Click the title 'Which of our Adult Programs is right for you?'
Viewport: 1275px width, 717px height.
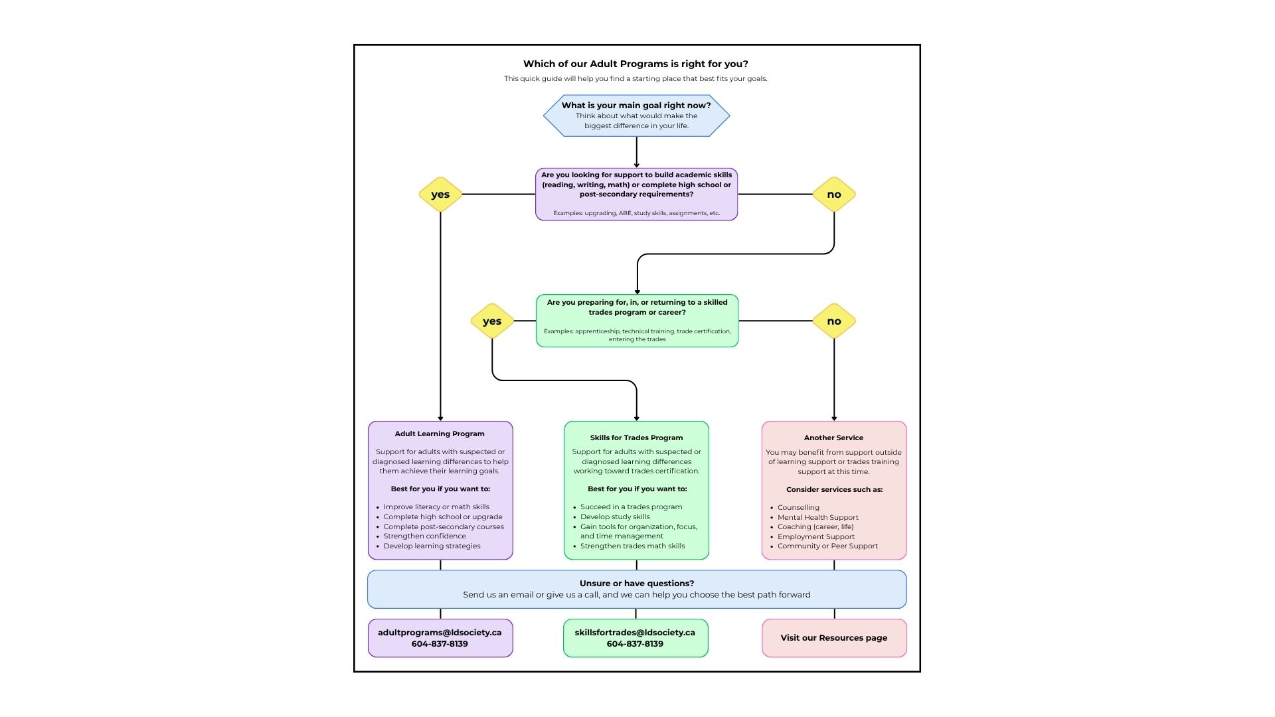point(636,64)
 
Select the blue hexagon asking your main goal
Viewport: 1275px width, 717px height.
point(636,116)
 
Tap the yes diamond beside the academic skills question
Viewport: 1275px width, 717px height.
point(440,195)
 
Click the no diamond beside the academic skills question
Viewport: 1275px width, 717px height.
point(834,195)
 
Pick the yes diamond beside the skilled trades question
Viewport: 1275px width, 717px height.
point(492,321)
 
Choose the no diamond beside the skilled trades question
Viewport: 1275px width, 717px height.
point(834,321)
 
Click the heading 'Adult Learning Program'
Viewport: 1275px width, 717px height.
point(440,434)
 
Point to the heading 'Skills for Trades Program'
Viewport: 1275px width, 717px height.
point(636,438)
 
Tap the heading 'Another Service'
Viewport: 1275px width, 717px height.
point(833,438)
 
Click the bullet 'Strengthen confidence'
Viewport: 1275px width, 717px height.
point(424,536)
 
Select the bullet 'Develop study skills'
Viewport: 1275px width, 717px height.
point(615,517)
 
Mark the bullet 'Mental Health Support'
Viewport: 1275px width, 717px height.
point(818,517)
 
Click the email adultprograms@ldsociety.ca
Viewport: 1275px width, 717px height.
point(440,632)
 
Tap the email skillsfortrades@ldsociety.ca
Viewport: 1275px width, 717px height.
point(635,632)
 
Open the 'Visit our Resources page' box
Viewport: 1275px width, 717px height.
point(834,638)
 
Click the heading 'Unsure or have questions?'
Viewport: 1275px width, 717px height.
point(637,583)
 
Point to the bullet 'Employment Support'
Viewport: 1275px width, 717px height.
point(816,536)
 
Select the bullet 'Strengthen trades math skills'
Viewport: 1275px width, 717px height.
point(633,546)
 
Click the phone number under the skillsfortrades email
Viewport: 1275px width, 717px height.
point(635,643)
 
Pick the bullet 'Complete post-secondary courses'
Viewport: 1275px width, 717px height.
point(444,526)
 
